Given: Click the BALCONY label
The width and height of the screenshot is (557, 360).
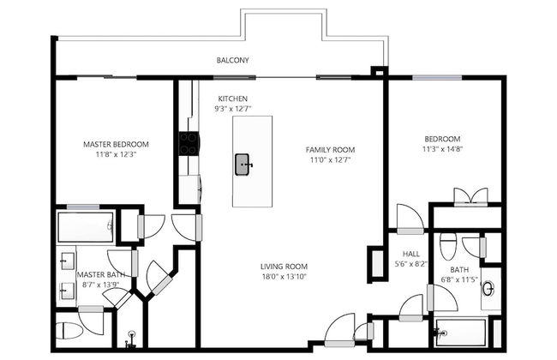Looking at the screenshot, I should [x=233, y=61].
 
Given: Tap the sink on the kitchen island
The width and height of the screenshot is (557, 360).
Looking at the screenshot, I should [x=243, y=163].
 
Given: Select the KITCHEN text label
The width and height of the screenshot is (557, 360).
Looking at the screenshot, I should [x=233, y=99].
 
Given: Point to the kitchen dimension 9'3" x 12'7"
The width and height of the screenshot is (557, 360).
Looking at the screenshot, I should [x=233, y=110].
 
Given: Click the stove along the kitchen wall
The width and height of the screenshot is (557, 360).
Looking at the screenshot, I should [x=188, y=143].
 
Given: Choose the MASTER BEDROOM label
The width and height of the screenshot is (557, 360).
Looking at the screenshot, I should [x=116, y=144].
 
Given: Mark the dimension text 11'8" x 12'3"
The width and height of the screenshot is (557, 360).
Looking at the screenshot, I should [x=116, y=155].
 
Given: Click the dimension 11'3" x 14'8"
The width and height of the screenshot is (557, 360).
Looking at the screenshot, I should [x=442, y=150].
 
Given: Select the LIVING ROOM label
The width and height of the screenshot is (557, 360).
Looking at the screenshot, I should [x=284, y=267].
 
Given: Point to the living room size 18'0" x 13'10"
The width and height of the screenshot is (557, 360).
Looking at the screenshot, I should [x=284, y=277].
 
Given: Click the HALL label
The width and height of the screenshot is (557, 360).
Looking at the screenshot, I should [x=410, y=253].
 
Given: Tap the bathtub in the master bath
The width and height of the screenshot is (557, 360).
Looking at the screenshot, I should [x=85, y=228].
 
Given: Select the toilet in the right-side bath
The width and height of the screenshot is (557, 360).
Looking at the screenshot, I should [x=448, y=248].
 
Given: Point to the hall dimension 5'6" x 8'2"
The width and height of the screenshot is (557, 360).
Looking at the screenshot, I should [x=410, y=264].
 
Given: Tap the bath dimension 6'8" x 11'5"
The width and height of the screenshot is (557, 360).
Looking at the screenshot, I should [x=459, y=280].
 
